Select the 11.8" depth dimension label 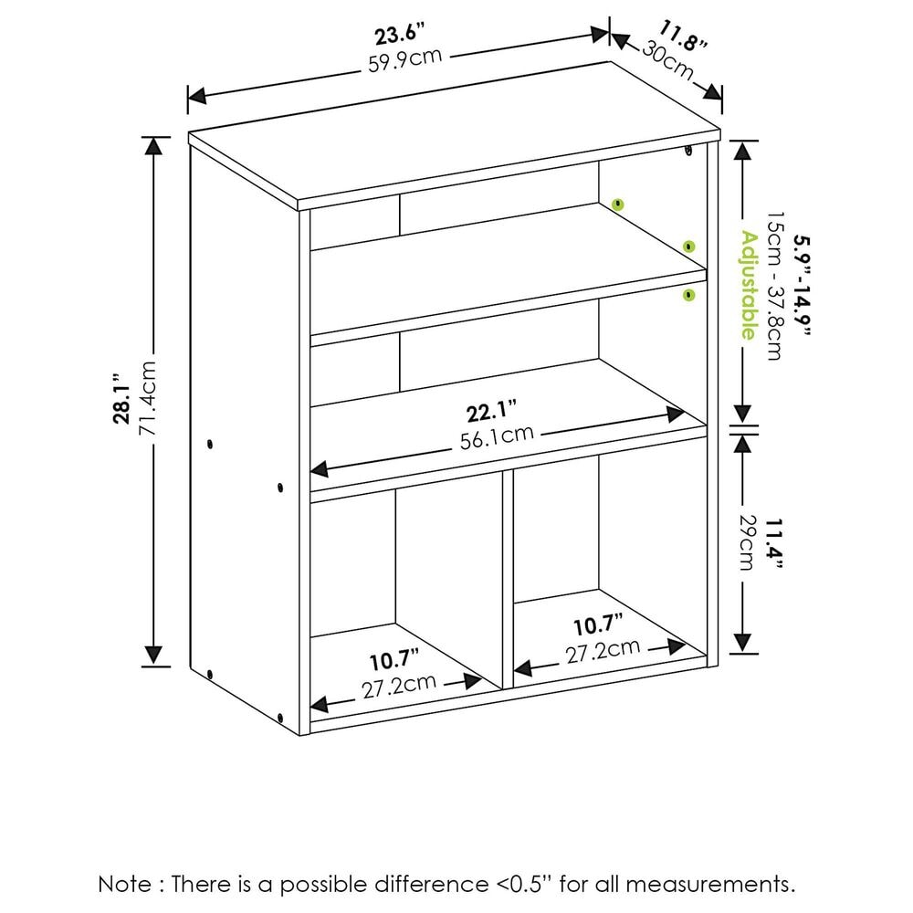(681, 38)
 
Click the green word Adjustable (749, 285)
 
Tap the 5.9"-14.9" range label (801, 285)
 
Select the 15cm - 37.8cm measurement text (774, 285)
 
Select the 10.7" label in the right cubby (598, 626)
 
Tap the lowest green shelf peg (688, 294)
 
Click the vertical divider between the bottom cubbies (508, 580)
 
